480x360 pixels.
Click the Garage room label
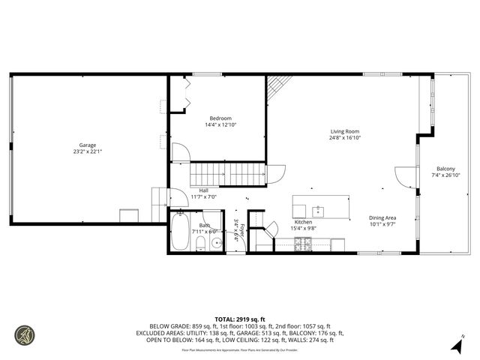click(88, 145)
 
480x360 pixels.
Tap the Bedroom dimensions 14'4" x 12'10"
click(220, 125)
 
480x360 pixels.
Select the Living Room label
click(344, 131)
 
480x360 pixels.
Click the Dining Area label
click(381, 217)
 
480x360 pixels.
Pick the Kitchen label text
click(303, 222)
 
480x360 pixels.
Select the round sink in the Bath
click(215, 243)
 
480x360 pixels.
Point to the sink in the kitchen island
click(319, 210)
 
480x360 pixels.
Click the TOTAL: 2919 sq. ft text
click(240, 319)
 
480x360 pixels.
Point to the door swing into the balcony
click(406, 177)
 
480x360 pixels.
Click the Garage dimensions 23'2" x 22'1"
click(88, 152)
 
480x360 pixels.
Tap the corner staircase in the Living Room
click(279, 90)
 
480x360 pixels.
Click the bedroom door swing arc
click(181, 151)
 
